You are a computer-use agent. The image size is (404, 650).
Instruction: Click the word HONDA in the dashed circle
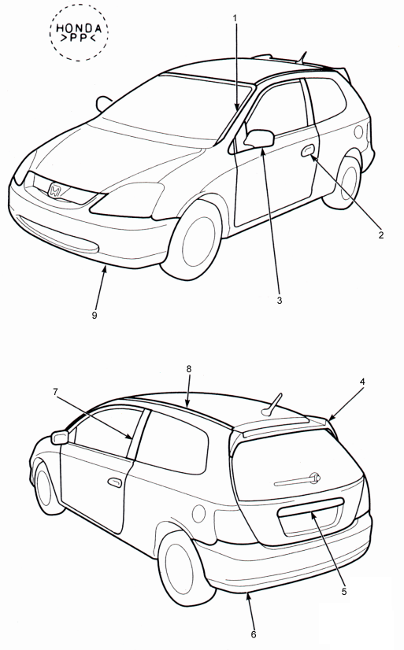point(79,28)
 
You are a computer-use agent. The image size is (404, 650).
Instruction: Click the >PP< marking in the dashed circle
point(79,39)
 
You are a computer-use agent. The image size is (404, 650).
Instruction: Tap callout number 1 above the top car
point(235,18)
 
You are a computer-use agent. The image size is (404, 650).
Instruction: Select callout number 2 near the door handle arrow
point(381,235)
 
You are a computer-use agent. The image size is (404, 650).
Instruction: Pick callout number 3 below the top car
point(279,301)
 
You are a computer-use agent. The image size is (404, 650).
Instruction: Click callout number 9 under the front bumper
point(95,315)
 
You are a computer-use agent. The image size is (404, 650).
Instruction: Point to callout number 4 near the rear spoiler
point(362,382)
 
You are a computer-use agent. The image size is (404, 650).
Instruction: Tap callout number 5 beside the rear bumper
point(344,592)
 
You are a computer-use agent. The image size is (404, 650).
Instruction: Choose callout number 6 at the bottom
point(254,634)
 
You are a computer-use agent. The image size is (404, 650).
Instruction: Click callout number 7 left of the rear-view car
point(55,391)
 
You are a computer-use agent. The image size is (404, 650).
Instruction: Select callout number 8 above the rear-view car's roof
point(189,368)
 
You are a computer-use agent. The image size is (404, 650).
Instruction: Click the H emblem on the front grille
point(55,190)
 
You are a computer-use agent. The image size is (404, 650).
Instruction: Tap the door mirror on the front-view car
point(260,138)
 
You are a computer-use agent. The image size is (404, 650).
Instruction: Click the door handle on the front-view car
point(308,151)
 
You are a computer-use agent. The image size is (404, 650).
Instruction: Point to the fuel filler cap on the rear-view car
point(199,514)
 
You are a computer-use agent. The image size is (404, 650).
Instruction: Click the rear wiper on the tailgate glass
point(298,480)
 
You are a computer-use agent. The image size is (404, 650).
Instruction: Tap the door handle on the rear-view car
point(115,482)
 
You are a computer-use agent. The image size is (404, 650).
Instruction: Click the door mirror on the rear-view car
point(60,438)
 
